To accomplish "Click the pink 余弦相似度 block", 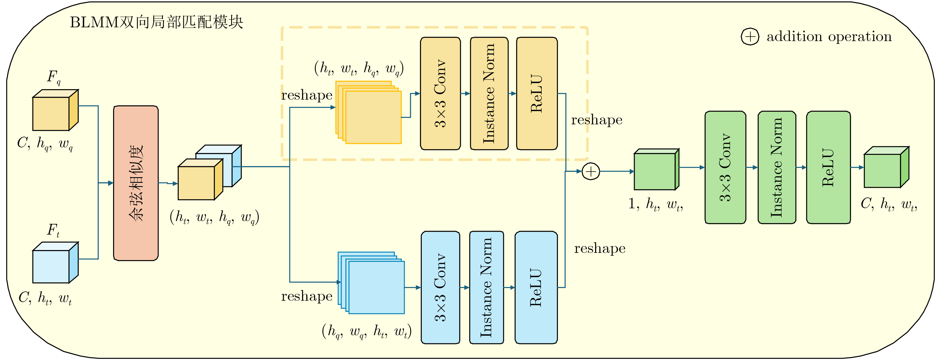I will pyautogui.click(x=136, y=183).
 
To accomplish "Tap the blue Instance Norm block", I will pyautogui.click(x=486, y=287).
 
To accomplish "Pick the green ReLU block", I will pyautogui.click(x=828, y=167).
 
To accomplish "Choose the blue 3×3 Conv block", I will pyautogui.click(x=440, y=287).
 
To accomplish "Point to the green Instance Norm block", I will pyautogui.click(x=776, y=167).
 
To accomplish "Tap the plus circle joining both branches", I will pyautogui.click(x=591, y=171).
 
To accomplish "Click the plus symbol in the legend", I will pyautogui.click(x=750, y=37).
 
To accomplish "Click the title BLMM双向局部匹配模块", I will pyautogui.click(x=156, y=22).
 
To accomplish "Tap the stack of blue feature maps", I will pyautogui.click(x=372, y=283).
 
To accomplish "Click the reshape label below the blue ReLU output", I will pyautogui.click(x=600, y=249).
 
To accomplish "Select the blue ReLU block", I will pyautogui.click(x=536, y=287).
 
